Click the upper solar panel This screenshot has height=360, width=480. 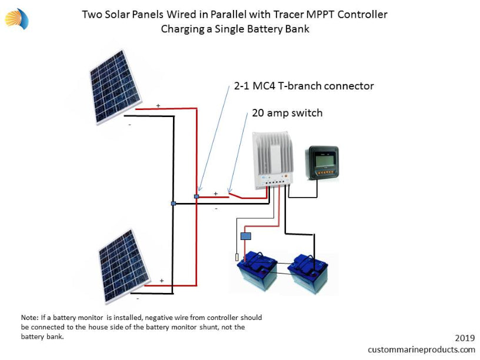(115, 87)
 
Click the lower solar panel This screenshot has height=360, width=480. (124, 266)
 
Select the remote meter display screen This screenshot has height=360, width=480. (323, 163)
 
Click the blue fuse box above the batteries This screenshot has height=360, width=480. (246, 236)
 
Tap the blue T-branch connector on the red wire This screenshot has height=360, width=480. (196, 196)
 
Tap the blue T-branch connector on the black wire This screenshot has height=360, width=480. (174, 204)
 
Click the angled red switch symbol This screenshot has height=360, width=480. (236, 195)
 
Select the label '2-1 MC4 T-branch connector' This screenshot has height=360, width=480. (304, 86)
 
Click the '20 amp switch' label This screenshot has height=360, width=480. (287, 113)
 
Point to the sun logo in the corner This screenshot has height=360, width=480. (17, 19)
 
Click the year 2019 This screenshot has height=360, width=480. (465, 338)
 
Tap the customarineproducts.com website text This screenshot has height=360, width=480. (421, 349)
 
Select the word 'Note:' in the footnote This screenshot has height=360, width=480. (29, 318)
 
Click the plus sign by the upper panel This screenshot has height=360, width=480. (158, 106)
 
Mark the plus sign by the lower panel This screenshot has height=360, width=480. (162, 281)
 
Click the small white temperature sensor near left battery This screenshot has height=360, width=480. (236, 257)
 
